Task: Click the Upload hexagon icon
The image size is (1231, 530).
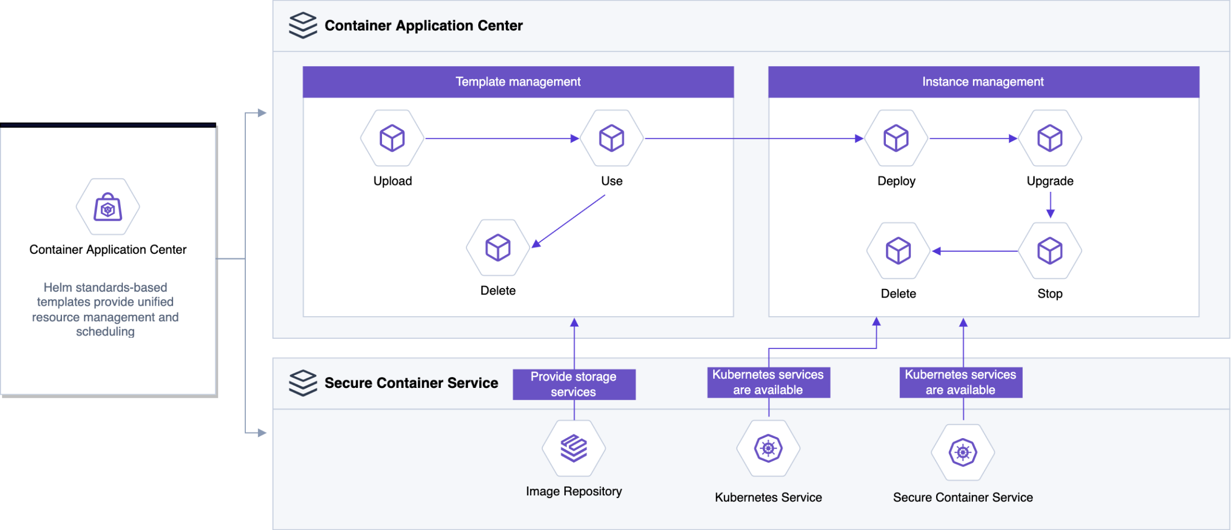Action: coord(392,138)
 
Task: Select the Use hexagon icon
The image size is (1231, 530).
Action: coord(612,138)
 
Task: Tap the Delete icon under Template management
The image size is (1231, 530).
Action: coord(498,247)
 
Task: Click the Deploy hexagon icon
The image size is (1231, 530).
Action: coord(896,138)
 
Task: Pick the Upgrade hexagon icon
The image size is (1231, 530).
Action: coord(1050,138)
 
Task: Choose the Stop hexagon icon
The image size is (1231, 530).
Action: coord(1050,251)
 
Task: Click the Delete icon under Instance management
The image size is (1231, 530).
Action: coord(898,251)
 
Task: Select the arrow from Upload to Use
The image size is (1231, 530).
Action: coord(502,138)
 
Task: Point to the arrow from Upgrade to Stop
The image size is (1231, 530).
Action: coord(1050,205)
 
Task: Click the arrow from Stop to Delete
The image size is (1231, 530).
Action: coord(975,251)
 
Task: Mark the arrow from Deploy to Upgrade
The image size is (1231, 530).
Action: coord(973,138)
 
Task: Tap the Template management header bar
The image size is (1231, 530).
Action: coord(518,82)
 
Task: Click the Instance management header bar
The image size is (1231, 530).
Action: coord(984,82)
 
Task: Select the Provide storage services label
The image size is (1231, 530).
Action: coord(574,384)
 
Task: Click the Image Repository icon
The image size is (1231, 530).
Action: coord(574,448)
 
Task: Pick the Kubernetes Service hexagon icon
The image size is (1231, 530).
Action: coord(768,448)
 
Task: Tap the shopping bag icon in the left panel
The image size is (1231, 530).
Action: coord(108,207)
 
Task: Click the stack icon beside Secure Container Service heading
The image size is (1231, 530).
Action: coord(303,383)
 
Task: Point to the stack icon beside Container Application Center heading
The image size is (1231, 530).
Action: coord(303,25)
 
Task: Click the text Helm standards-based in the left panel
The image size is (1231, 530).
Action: coord(105,287)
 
